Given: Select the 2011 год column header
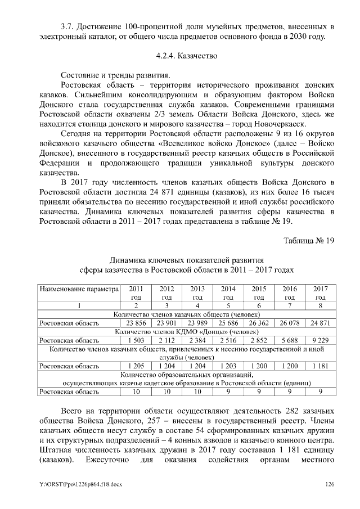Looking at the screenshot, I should click(x=136, y=292).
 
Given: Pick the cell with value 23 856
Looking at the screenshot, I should click(x=136, y=323).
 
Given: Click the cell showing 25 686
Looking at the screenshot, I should click(x=228, y=323).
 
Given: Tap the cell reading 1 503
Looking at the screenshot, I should click(x=136, y=340).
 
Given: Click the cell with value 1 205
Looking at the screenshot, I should click(x=136, y=366).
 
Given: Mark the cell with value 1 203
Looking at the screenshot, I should click(x=228, y=366).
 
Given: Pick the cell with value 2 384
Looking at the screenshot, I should click(x=197, y=340).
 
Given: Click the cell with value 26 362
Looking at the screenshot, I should click(x=259, y=323).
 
